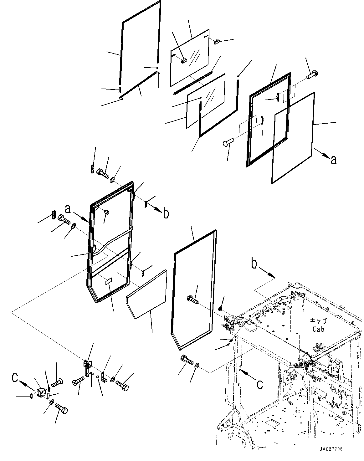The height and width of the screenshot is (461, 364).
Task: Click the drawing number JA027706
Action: pos(331,449)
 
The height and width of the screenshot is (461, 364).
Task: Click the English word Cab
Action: pos(318,329)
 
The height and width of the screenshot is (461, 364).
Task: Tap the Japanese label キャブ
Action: pos(318,321)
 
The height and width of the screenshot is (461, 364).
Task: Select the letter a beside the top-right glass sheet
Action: pos(334,160)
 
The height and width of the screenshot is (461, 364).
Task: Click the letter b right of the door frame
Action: pos(166,213)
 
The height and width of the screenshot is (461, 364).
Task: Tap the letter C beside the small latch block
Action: pos(15,378)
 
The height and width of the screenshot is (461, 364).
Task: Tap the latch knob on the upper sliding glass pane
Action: pos(184,60)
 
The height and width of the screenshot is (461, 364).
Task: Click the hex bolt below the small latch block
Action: pos(61,409)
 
